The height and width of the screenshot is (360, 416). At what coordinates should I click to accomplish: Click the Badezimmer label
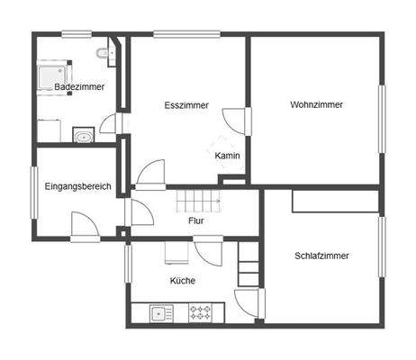[78, 87]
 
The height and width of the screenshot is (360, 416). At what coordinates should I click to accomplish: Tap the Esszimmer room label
[186, 105]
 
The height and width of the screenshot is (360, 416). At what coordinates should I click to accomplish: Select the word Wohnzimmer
[316, 105]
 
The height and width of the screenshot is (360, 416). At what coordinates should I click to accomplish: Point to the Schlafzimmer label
[321, 256]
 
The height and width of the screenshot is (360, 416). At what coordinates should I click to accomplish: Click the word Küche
[183, 280]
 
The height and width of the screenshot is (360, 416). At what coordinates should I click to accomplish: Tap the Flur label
[196, 220]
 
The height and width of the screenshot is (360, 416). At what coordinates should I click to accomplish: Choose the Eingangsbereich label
[77, 186]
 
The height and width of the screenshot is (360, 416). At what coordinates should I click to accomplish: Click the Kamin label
[227, 156]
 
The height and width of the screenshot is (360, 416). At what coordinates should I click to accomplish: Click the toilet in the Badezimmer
[110, 55]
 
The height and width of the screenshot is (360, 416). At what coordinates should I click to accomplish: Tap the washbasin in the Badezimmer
[84, 137]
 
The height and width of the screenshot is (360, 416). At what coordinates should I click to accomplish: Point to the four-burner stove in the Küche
[199, 314]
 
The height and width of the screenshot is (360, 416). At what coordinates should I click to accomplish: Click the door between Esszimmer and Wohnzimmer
[235, 121]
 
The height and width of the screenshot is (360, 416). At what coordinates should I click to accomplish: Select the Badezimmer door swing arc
[110, 123]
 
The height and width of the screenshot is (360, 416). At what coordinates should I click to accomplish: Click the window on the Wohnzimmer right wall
[382, 118]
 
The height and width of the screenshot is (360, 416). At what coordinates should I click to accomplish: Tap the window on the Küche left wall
[127, 264]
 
